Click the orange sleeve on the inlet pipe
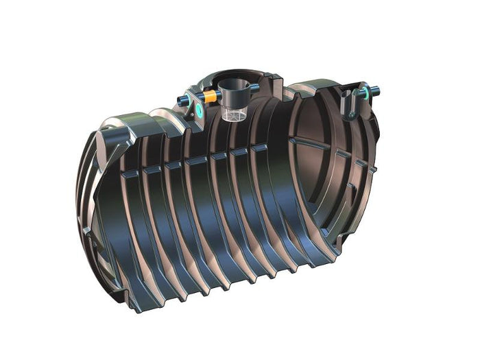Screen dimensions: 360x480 [x=207, y=97]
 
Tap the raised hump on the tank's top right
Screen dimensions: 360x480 [x=315, y=89]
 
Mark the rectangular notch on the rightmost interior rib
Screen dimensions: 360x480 [x=260, y=147]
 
